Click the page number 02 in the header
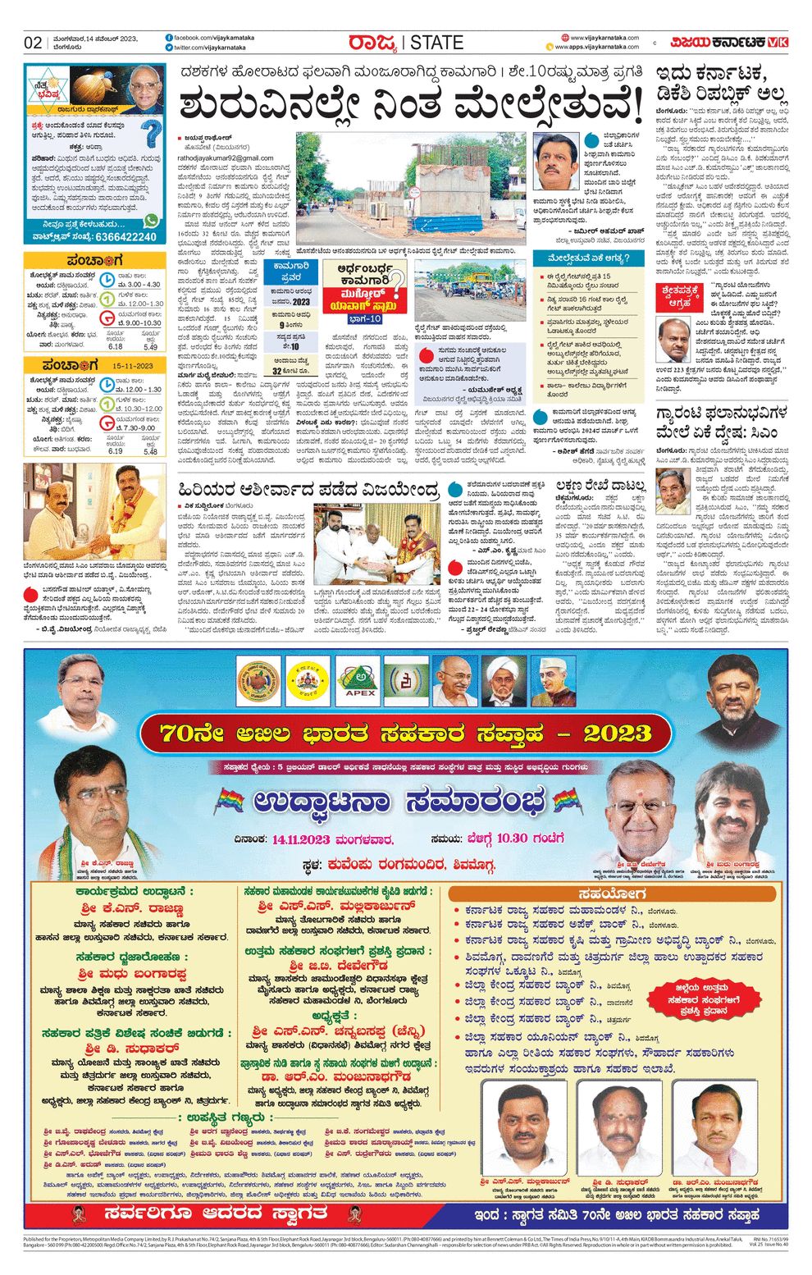34,43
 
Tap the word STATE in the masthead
436,43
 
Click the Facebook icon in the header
169,38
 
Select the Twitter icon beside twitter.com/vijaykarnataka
169,48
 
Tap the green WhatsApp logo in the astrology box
151,221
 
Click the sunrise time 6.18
116,347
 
